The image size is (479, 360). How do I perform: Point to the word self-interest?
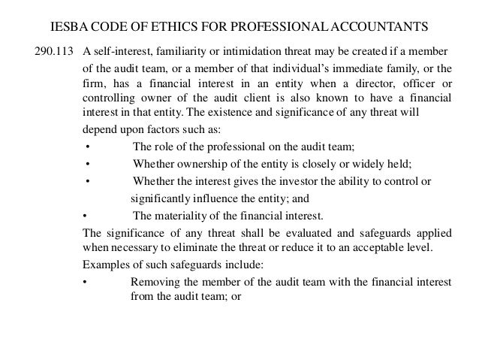(x=121, y=51)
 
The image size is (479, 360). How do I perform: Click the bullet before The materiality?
(x=84, y=216)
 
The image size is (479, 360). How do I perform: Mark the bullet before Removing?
(x=84, y=283)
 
